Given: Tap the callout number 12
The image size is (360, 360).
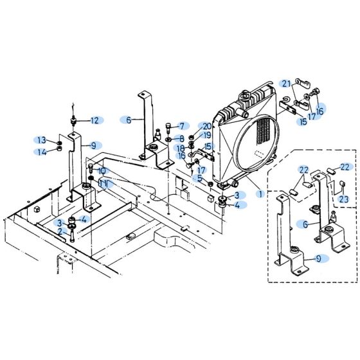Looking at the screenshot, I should point(94,120).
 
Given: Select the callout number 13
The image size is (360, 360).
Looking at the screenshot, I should point(40,141).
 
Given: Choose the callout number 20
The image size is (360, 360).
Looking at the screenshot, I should point(206,126).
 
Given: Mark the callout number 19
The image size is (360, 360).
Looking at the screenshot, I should point(207,136).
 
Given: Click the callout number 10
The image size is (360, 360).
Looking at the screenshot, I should point(102,171).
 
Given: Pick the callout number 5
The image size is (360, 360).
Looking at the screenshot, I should point(200,178).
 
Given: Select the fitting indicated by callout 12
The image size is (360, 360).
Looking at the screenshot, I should point(76,120).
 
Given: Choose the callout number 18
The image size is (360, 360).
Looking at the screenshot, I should point(181,148).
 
